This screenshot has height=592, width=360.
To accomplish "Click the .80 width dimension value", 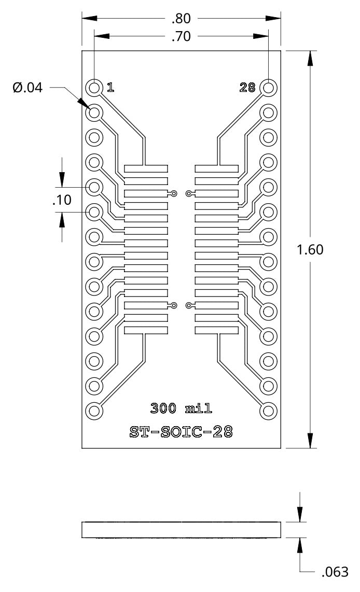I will point(181,19).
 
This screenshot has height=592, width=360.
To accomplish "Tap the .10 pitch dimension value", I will point(62,200).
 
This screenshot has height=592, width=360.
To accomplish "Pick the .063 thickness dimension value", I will point(335,572).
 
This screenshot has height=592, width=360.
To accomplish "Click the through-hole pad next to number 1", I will point(94,88).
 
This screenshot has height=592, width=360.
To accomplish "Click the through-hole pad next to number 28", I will point(268,88).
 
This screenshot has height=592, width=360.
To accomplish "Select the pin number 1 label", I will point(110,88).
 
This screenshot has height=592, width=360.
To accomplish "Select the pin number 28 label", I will point(247,88).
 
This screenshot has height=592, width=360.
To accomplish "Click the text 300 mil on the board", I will point(181,408).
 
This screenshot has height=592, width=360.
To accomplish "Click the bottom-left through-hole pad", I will point(94,411).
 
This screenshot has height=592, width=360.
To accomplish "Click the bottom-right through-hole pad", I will point(268,411).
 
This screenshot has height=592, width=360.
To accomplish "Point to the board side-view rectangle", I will point(181,530).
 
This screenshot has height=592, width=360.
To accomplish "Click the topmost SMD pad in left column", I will point(146,168).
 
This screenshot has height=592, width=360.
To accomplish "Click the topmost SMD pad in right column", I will point(217,168).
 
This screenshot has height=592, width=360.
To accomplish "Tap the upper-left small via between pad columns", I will point(174,194).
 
